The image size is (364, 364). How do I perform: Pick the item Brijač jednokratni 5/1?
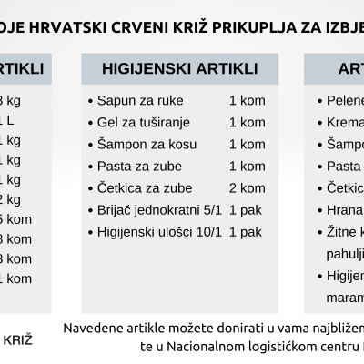tap(152, 209)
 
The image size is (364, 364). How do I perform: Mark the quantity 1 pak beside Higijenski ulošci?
tap(247, 231)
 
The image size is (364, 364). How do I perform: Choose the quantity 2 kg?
tap(9, 198)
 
